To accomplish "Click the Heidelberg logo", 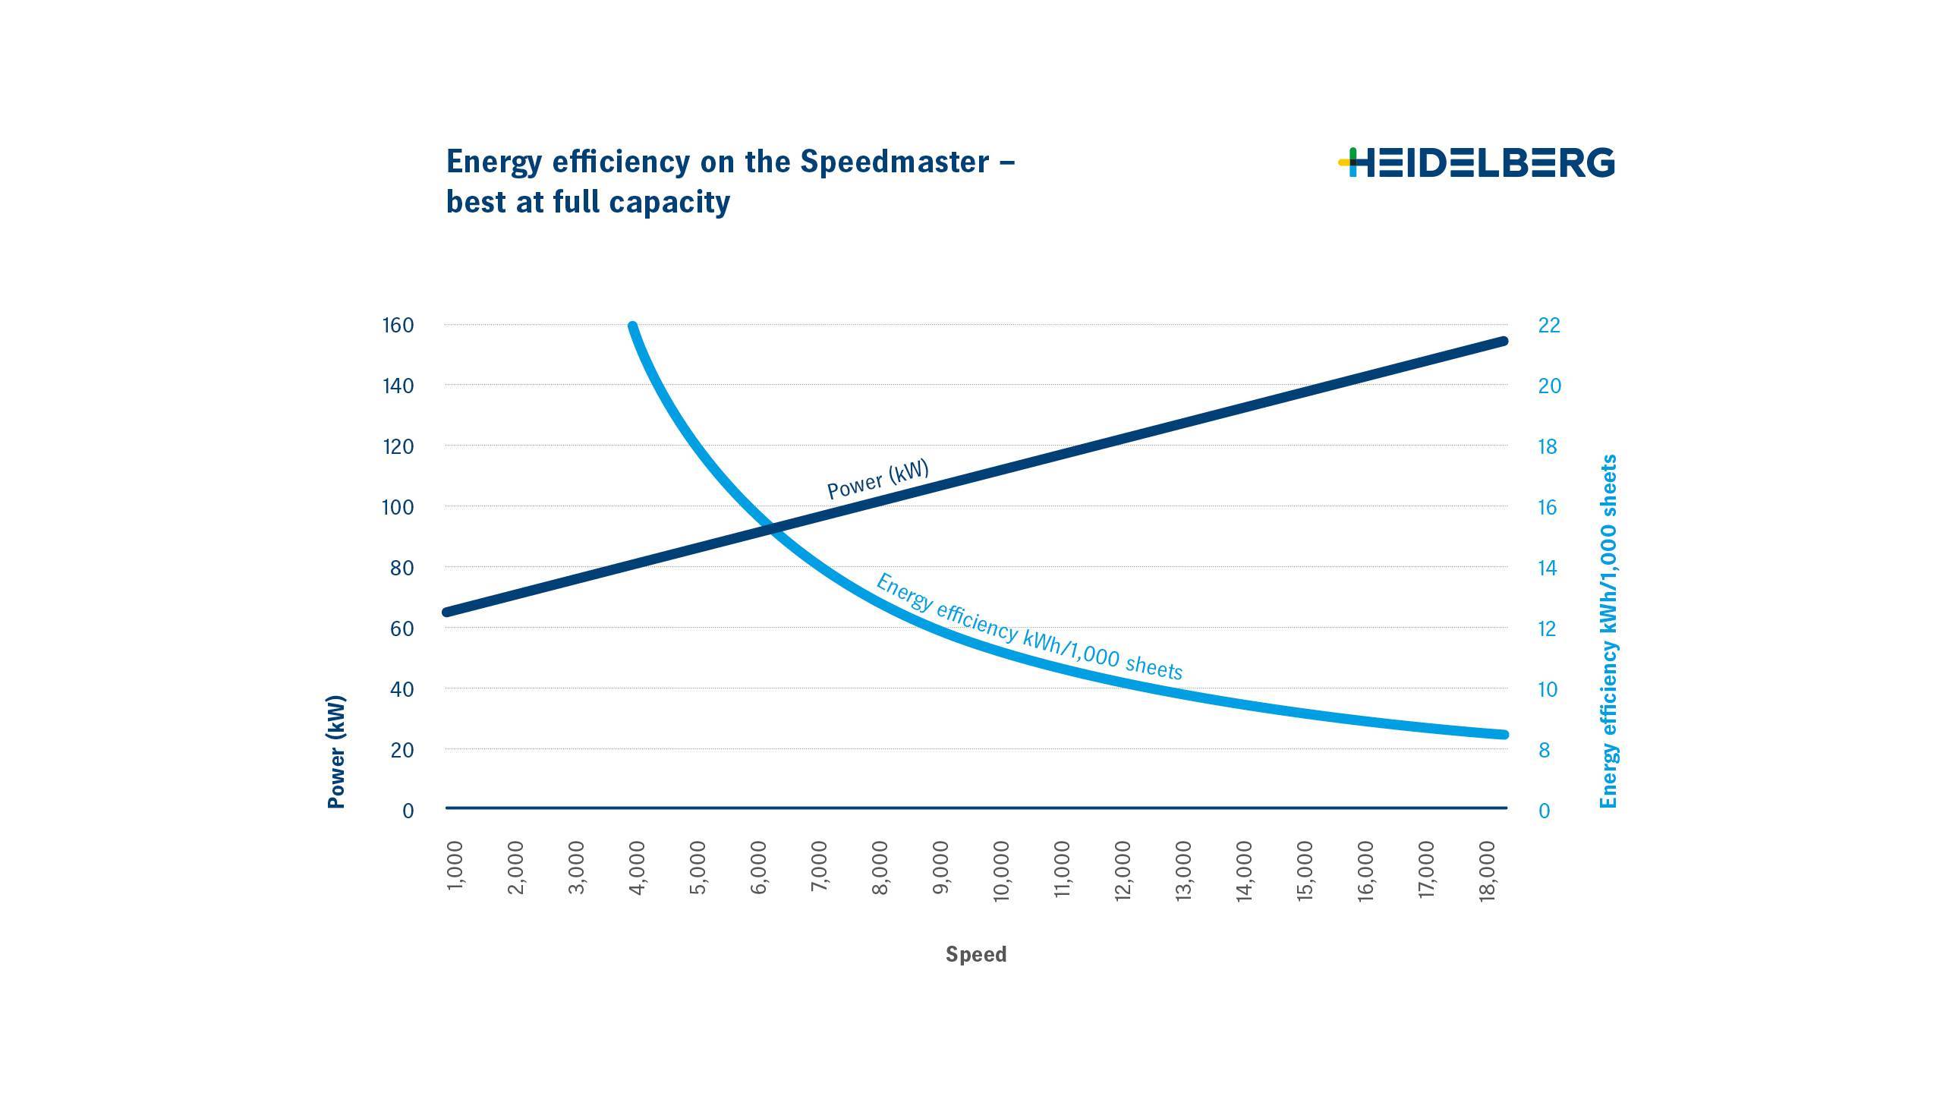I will (1476, 162).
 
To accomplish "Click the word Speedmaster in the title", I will (895, 162).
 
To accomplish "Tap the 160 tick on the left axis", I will (398, 326).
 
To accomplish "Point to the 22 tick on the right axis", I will (1548, 326).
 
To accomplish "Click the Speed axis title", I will (976, 954).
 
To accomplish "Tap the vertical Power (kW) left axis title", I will (336, 751).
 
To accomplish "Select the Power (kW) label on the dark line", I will (877, 480).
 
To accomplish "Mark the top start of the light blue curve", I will (633, 327).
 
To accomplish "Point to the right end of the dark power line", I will (1504, 342).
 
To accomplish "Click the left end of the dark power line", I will (447, 612).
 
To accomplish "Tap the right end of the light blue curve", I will (1504, 735).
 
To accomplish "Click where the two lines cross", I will (772, 528).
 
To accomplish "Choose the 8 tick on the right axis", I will (1544, 750).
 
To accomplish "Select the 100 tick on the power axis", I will (398, 507).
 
